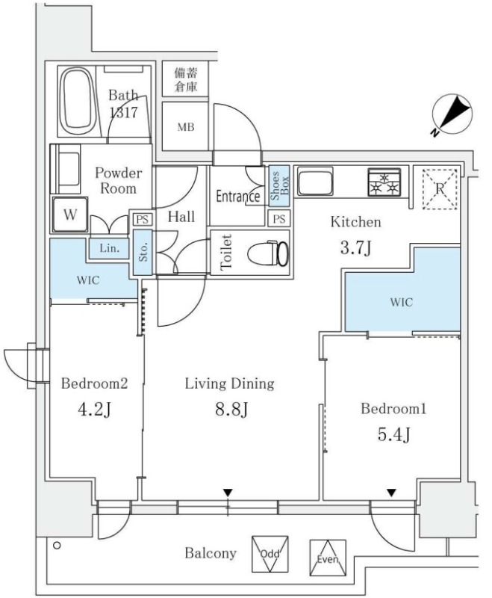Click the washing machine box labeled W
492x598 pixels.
coord(70,215)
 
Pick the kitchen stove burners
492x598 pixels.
coord(384,182)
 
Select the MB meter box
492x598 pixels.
coord(186,127)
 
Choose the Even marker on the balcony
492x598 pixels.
coord(328,558)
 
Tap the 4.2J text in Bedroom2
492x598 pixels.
coord(94,410)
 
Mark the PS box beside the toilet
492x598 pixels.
coord(279,219)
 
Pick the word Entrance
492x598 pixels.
coord(237,197)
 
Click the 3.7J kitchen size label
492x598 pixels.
coord(355,247)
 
